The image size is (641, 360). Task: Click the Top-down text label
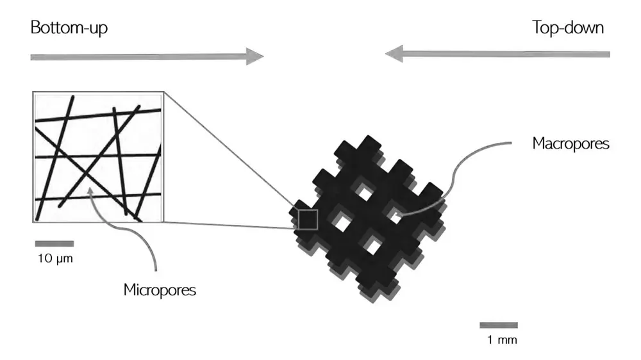coord(567,28)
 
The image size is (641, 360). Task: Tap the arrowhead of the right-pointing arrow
coord(256,57)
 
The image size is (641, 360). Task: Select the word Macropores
coord(570,143)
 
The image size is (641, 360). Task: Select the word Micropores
coord(160,290)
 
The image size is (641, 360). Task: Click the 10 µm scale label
coord(54,259)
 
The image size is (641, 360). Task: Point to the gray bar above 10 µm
coord(54,243)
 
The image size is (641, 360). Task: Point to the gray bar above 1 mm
coord(499,325)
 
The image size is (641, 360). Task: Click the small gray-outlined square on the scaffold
coord(308,219)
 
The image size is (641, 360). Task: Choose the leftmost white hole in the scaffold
coord(342,222)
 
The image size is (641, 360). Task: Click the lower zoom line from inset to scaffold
coord(231,225)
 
